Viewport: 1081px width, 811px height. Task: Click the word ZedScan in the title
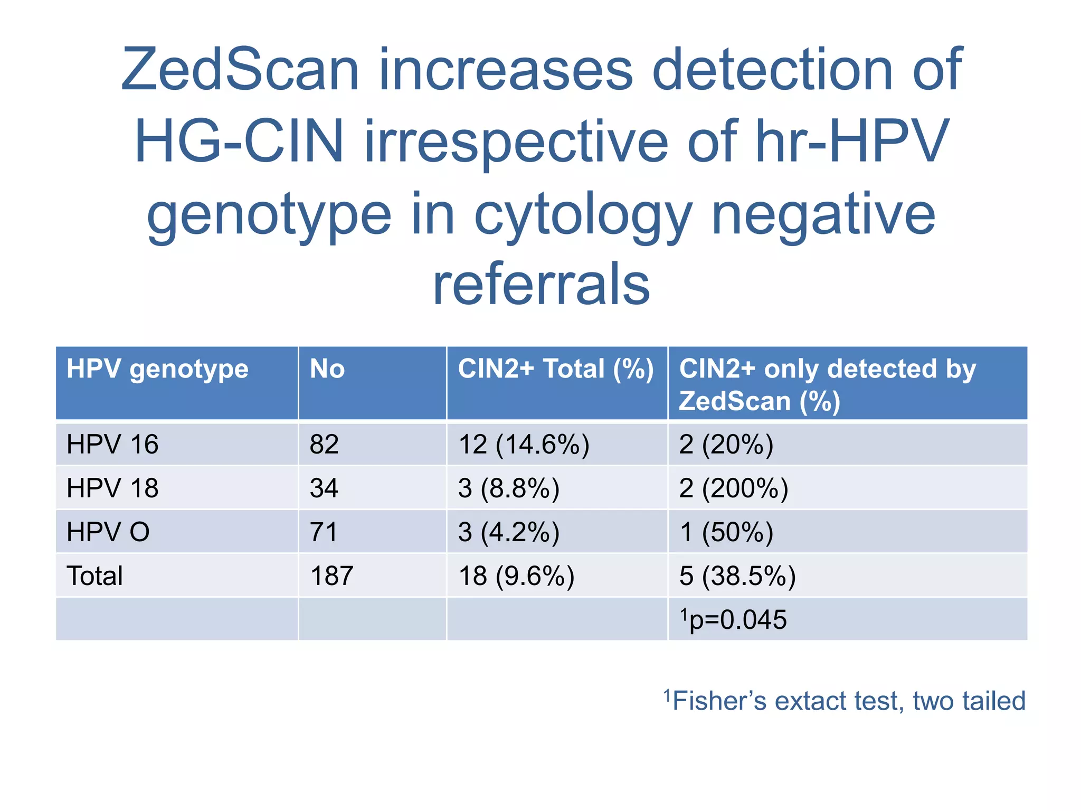point(240,70)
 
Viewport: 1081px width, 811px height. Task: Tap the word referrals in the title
point(542,286)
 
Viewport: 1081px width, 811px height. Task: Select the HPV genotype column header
point(157,369)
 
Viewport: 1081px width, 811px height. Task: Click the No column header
point(327,369)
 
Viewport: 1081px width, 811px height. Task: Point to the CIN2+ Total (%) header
point(556,369)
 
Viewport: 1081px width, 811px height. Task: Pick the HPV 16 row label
point(112,445)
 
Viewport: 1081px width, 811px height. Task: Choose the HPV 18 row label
point(112,488)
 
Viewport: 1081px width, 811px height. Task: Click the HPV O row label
point(108,532)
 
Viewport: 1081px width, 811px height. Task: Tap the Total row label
point(94,576)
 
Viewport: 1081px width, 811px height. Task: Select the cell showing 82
point(324,445)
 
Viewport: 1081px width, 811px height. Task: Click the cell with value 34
point(324,488)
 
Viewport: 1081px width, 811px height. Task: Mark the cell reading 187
point(331,576)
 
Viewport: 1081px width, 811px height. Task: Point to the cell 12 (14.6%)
point(524,445)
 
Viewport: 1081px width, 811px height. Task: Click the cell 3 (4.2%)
point(509,532)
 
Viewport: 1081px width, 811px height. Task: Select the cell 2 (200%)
point(733,488)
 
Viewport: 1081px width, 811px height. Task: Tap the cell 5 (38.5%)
point(737,576)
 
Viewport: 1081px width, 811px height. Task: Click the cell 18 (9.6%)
point(516,576)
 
